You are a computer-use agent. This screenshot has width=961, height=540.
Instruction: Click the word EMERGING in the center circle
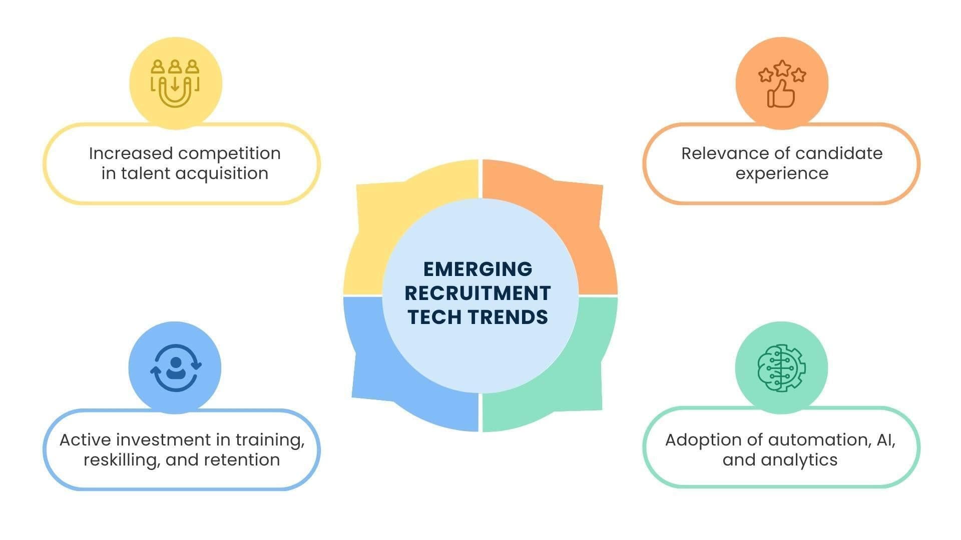[x=477, y=269]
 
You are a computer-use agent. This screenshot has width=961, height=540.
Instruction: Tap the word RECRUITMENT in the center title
[x=477, y=293]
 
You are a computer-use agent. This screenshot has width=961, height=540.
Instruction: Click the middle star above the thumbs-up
[x=782, y=67]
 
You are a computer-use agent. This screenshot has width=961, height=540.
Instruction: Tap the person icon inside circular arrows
[x=176, y=368]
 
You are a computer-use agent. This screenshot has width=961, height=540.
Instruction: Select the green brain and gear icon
[x=781, y=368]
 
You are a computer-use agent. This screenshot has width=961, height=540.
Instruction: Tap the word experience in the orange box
[x=781, y=173]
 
